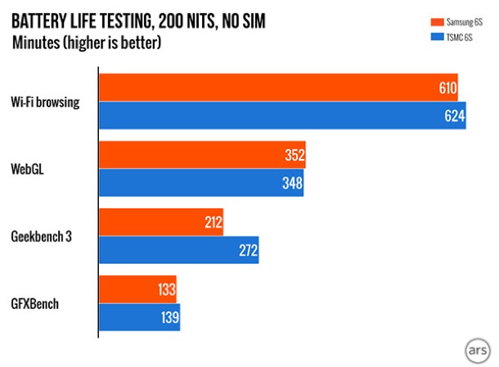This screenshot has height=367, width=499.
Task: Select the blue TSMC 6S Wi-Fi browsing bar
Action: pyautogui.click(x=282, y=116)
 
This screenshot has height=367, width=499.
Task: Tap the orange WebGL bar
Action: pyautogui.click(x=202, y=155)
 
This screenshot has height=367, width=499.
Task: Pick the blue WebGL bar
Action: pyautogui.click(x=200, y=183)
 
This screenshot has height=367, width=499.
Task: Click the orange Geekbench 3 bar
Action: pyautogui.click(x=161, y=222)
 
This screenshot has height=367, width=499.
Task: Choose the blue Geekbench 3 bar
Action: pyautogui.click(x=178, y=250)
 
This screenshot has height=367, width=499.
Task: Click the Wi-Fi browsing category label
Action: pyautogui.click(x=45, y=102)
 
